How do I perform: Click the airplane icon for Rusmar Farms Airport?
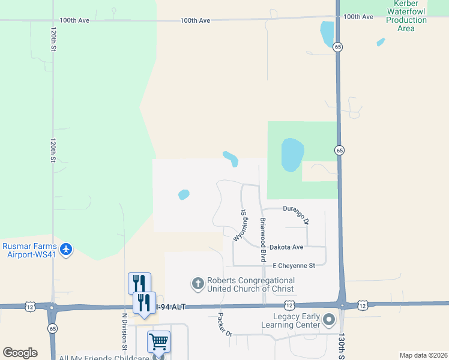pos(66,249)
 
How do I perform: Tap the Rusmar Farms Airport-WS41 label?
pos(29,251)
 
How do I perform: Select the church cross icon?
pos(197,283)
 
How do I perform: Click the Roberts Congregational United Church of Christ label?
pos(251,284)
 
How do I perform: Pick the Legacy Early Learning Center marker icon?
pos(329,320)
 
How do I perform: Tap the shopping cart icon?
pos(158,342)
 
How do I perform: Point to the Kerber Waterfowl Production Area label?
pos(406,16)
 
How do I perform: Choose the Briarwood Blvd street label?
pos(262,239)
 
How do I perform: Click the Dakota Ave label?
pos(286,247)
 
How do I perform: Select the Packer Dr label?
pos(224,325)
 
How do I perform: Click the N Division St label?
pos(125,331)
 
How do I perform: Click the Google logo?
pos(20,353)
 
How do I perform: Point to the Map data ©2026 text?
pos(423,355)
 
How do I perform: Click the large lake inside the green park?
pos(292,154)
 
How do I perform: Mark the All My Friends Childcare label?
pos(104,358)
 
